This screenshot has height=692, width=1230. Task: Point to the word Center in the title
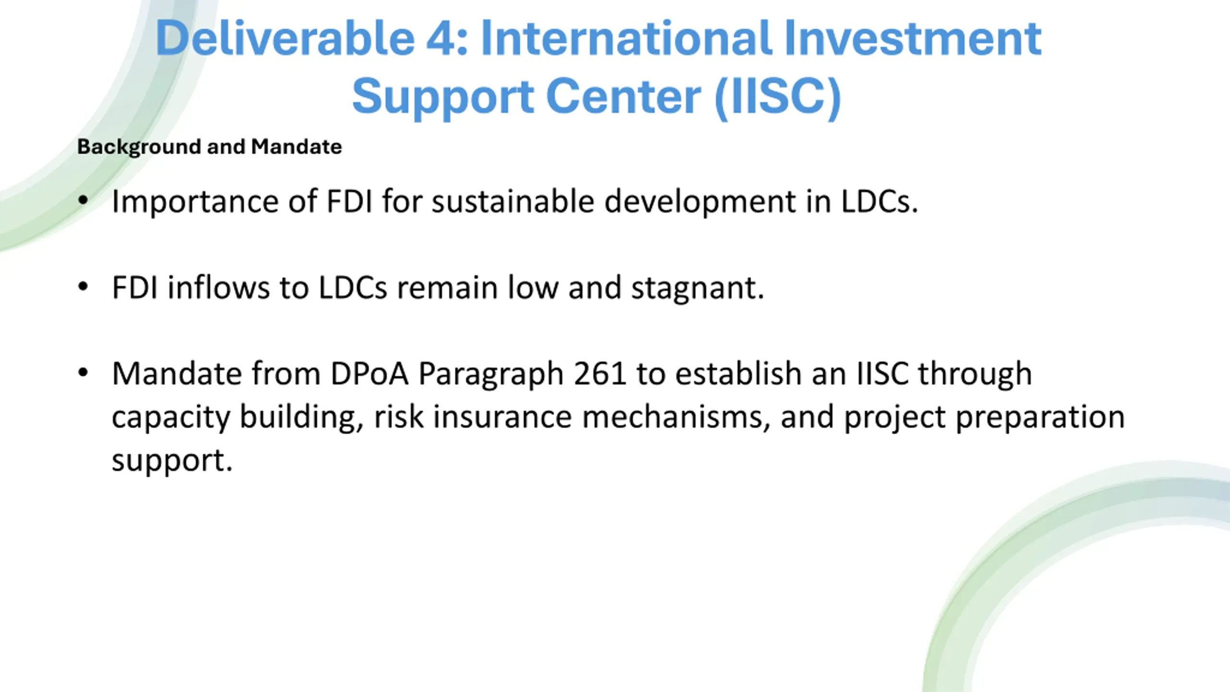coord(624,97)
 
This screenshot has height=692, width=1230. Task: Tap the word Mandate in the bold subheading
coord(296,147)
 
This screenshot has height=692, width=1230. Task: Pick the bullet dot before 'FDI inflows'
coord(83,287)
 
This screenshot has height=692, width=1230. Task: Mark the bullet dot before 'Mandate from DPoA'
coord(83,373)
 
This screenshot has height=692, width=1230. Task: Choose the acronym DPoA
coord(369,374)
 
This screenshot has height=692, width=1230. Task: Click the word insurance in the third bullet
coord(503,417)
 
